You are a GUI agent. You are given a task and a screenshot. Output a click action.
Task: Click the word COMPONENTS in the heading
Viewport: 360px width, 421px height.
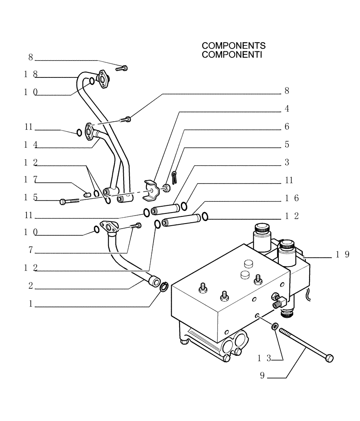pos(233,45)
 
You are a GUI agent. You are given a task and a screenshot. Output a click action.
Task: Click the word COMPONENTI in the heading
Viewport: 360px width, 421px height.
pos(232,54)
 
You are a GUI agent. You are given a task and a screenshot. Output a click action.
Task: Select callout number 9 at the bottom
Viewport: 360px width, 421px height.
pos(262,376)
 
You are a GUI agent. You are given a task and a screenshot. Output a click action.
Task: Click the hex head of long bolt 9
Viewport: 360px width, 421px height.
pos(330,358)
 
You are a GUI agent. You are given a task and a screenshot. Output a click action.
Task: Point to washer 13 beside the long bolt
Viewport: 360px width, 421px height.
pos(275,326)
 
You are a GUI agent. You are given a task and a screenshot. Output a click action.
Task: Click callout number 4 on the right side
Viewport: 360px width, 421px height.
pos(286,109)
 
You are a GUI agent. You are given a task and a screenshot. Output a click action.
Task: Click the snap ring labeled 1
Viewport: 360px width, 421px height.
pos(165,287)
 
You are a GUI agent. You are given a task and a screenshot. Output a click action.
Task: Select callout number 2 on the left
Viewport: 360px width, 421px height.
pos(31,286)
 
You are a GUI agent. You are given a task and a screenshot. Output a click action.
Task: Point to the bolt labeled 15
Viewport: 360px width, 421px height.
pos(70,202)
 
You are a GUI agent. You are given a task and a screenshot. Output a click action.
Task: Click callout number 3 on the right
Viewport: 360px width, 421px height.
pos(286,162)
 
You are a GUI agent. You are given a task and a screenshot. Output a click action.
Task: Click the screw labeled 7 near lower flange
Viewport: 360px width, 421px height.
pos(135,226)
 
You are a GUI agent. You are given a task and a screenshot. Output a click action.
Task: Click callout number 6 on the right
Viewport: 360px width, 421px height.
pos(286,127)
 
